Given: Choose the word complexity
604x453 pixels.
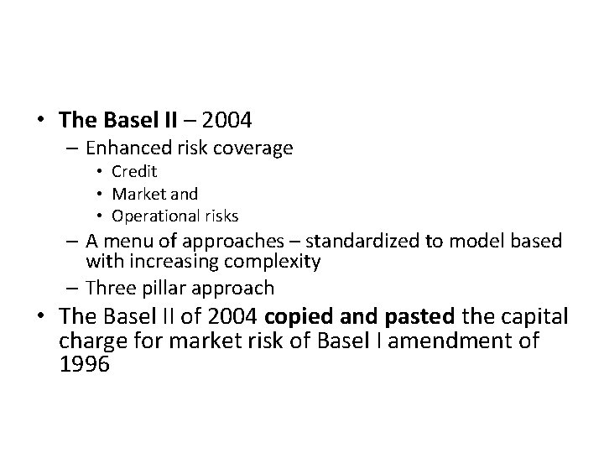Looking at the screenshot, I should click(x=277, y=262).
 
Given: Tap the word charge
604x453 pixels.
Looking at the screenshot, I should click(x=92, y=342).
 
